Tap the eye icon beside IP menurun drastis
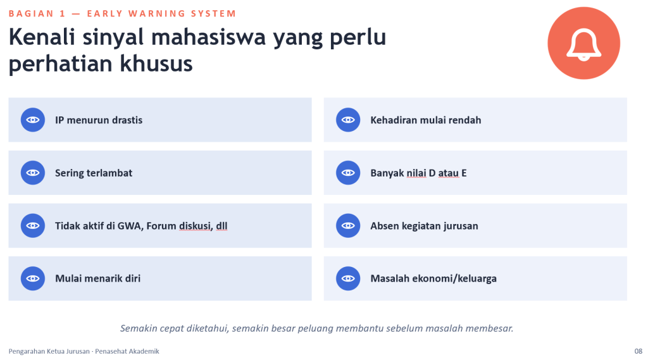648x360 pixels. pos(33,120)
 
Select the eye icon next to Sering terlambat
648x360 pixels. pos(33,173)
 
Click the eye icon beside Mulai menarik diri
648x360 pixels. pos(33,278)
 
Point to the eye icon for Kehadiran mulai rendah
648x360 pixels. pos(348,120)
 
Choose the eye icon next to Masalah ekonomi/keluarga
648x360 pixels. pos(348,278)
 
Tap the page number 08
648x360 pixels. pos(638,351)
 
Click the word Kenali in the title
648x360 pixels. pos(42,37)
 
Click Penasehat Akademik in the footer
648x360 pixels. pos(127,351)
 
